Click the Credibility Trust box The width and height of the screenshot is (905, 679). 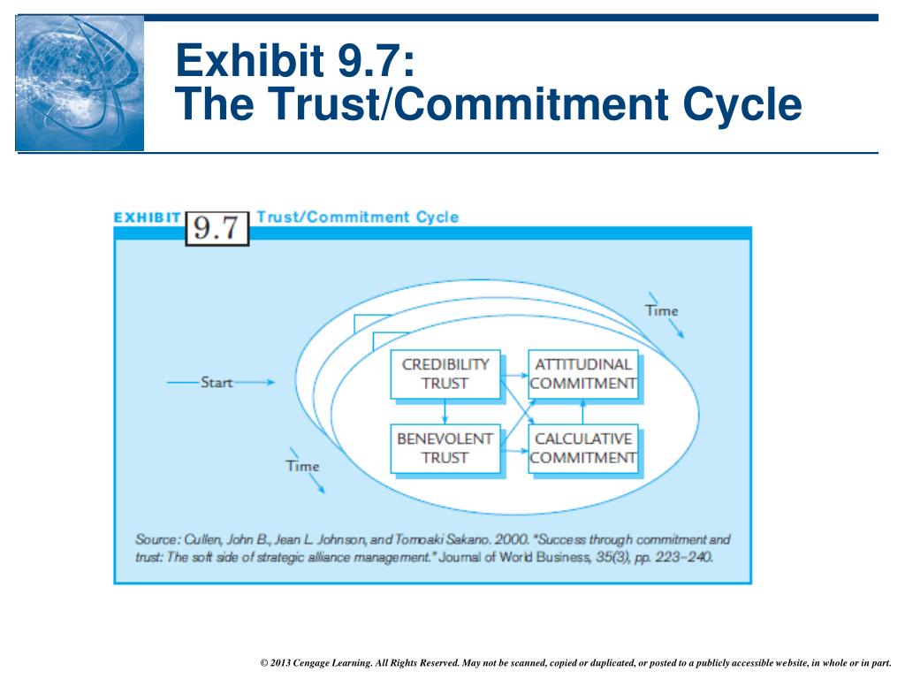445,373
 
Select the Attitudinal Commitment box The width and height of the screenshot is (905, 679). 583,373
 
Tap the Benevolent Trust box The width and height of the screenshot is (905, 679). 445,448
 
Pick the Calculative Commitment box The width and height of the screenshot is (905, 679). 583,448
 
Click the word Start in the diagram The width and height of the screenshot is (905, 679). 217,383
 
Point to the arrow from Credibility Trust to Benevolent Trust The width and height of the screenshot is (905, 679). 445,411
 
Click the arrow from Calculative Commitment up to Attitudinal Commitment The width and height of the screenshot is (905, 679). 583,410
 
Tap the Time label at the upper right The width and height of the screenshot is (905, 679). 661,310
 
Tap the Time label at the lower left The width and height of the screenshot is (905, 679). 302,466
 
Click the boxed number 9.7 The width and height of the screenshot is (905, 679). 217,227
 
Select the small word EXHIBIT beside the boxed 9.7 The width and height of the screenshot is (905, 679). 148,217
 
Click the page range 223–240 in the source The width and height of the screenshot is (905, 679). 683,558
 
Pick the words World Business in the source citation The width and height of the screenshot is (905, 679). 564,558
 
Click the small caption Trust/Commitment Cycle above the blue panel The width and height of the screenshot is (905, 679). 358,217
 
